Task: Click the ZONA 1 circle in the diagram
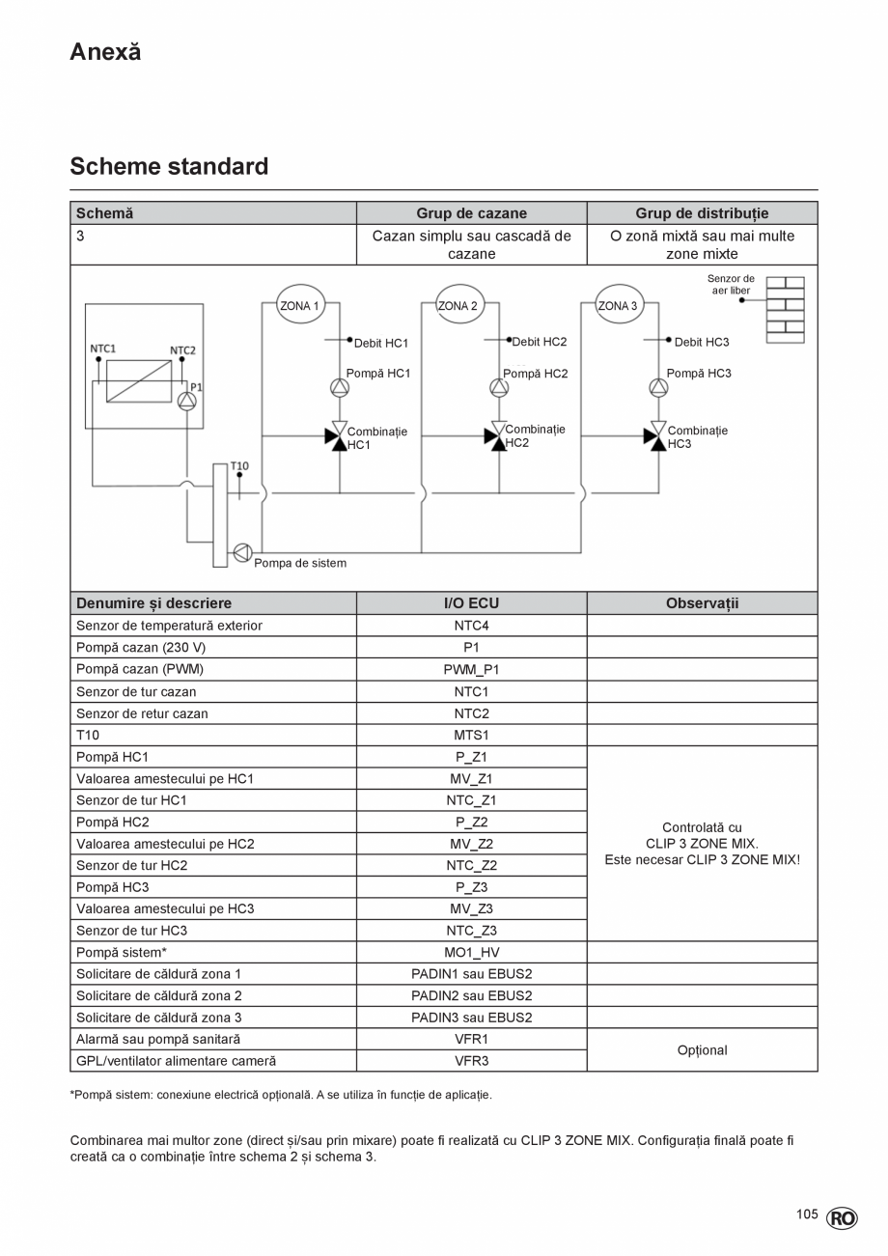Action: (299, 306)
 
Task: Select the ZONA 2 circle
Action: (458, 306)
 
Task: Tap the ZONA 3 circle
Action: (619, 306)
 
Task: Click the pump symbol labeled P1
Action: (187, 401)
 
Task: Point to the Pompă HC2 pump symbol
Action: (499, 388)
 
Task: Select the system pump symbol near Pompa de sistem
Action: (241, 552)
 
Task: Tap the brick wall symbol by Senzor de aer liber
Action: (785, 310)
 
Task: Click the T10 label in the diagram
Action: (239, 465)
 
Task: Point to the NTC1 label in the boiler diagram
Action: (102, 348)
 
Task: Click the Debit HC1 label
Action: (381, 343)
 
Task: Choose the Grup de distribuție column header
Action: (702, 213)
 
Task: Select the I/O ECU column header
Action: (471, 603)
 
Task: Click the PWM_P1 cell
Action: (471, 669)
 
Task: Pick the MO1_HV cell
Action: (471, 952)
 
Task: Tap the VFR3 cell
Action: (471, 1061)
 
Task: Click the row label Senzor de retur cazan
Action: (142, 713)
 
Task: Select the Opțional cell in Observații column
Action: (702, 1050)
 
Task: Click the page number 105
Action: (807, 1214)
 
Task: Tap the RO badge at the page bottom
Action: (841, 1218)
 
